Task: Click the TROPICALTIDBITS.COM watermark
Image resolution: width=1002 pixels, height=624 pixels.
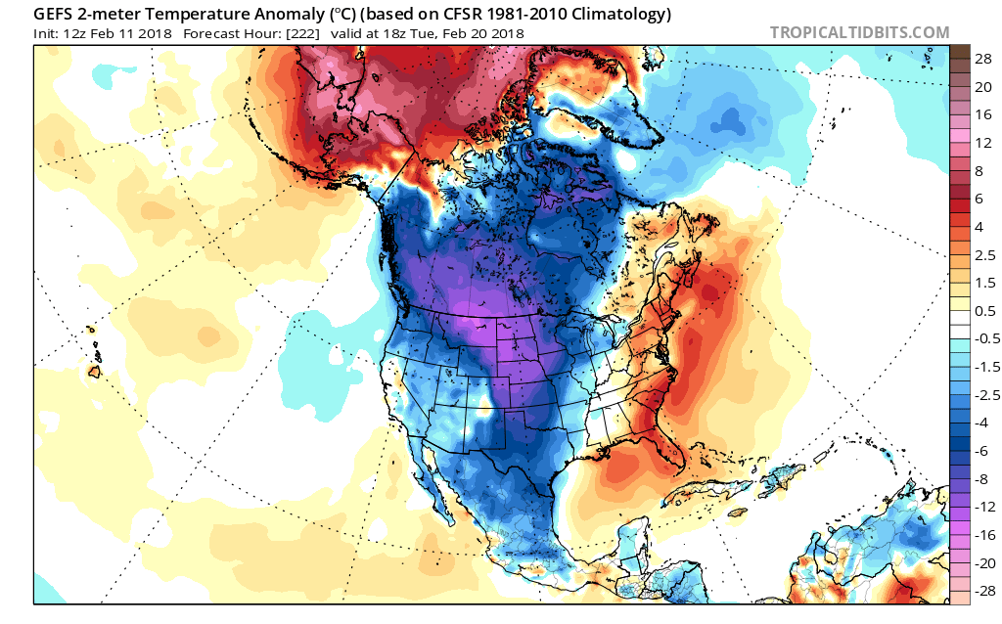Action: tap(859, 32)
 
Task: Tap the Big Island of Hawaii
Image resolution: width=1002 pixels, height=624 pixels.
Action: tap(96, 372)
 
